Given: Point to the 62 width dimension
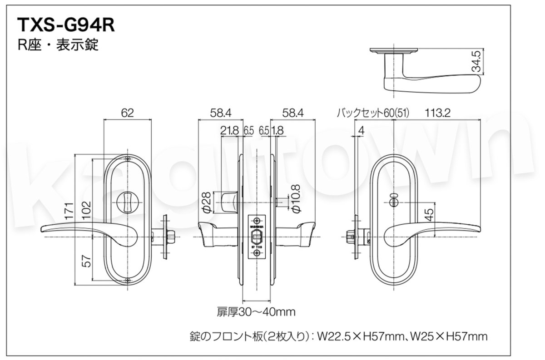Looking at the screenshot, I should coord(128,113).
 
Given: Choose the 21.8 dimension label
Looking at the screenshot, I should coord(229,131).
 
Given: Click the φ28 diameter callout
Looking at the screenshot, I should coord(205,202).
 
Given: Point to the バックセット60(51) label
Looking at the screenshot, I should coord(372,113).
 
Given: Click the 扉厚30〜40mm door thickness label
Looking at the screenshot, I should coord(257,312).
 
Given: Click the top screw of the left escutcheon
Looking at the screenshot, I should coord(128,158).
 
